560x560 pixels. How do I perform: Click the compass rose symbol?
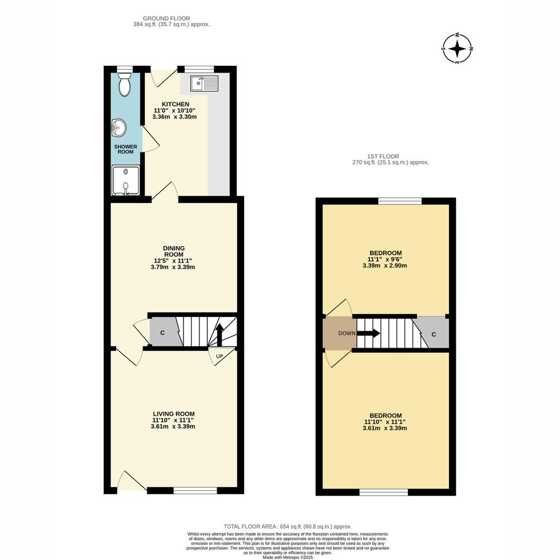tap(457, 49)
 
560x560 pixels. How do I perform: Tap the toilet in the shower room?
tap(124, 85)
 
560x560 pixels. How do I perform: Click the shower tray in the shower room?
tap(125, 180)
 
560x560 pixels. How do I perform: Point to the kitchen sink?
tap(204, 83)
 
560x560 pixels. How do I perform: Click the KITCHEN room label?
tap(175, 104)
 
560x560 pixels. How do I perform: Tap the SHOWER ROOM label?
tap(125, 149)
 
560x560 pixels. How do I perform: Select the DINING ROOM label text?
tap(174, 251)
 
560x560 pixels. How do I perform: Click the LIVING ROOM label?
tap(174, 414)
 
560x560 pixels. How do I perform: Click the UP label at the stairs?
tap(220, 357)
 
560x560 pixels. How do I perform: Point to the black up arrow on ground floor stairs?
tap(219, 334)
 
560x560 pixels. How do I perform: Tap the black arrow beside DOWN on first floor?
tap(369, 333)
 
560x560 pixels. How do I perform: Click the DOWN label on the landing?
tap(347, 333)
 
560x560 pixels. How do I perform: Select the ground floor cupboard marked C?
tap(162, 333)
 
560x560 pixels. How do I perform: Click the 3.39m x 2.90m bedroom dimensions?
tap(385, 265)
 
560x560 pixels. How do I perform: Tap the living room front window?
tap(195, 491)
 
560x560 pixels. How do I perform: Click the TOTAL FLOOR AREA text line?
tap(287, 526)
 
